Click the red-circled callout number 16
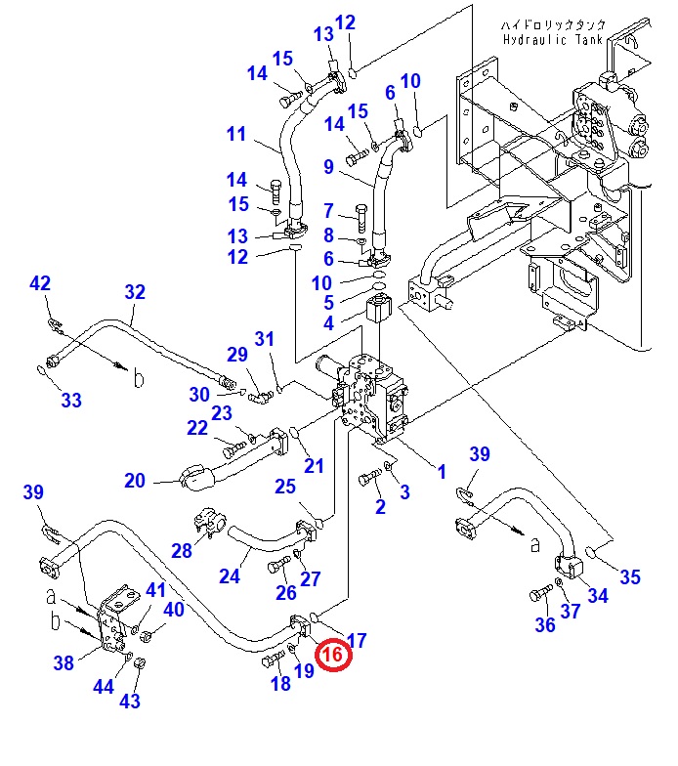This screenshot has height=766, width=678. (x=333, y=655)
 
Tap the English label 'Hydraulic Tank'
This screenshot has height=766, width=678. (x=553, y=39)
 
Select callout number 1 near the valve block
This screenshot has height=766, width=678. (x=442, y=472)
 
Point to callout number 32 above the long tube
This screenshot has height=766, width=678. (x=135, y=292)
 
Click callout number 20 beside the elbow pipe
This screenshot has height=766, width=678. (x=135, y=481)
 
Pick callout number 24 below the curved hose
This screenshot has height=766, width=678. (x=230, y=576)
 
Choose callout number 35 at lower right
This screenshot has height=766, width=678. (x=629, y=577)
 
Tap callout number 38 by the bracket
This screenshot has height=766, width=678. (x=64, y=662)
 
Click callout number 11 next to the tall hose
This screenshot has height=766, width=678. (x=236, y=134)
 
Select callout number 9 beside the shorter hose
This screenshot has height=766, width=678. (x=328, y=167)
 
